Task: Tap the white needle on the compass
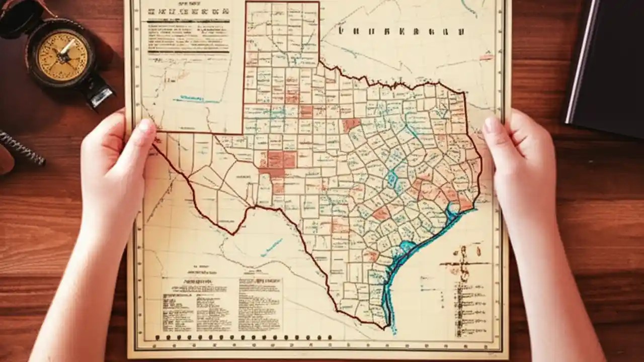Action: (66, 48)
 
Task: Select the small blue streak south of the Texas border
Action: (272, 247)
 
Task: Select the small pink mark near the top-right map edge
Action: (486, 57)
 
